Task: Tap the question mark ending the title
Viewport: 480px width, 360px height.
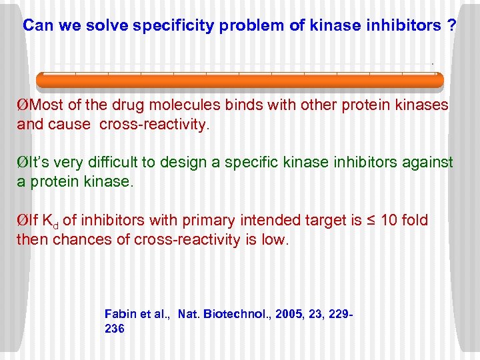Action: tap(452, 26)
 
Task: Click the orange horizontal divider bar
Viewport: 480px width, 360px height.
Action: tap(239, 81)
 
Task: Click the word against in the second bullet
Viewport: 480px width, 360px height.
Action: tap(428, 163)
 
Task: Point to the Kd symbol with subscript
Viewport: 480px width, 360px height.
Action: tap(51, 221)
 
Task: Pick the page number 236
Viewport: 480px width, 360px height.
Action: tap(115, 329)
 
